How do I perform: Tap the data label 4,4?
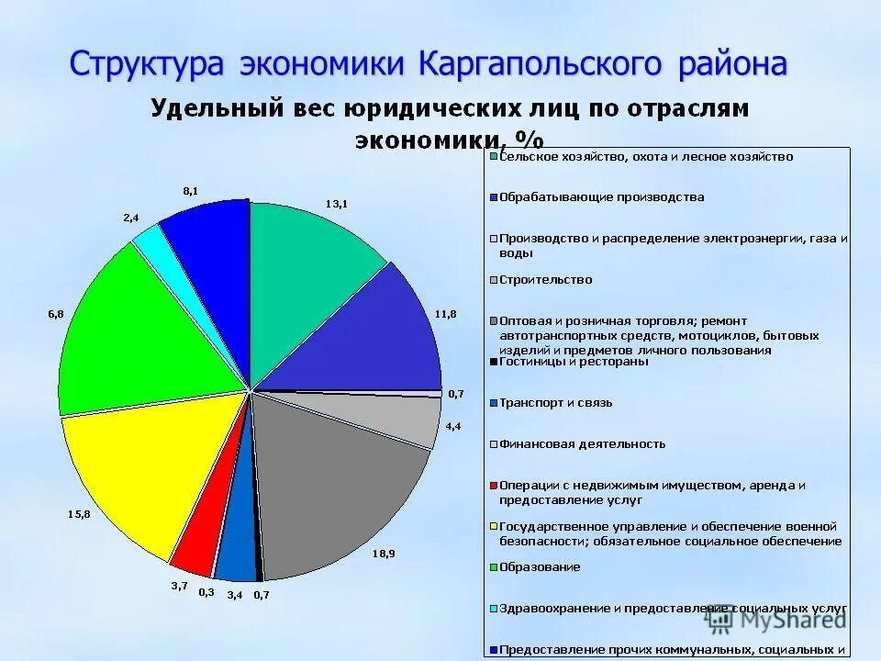click(x=453, y=426)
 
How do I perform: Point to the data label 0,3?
click(x=206, y=592)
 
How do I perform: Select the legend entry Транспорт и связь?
click(x=555, y=403)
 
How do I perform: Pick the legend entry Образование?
click(x=539, y=567)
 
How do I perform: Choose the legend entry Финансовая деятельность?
click(x=582, y=444)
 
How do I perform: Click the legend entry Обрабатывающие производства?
click(x=601, y=197)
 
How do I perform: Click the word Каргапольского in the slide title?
click(x=541, y=65)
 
